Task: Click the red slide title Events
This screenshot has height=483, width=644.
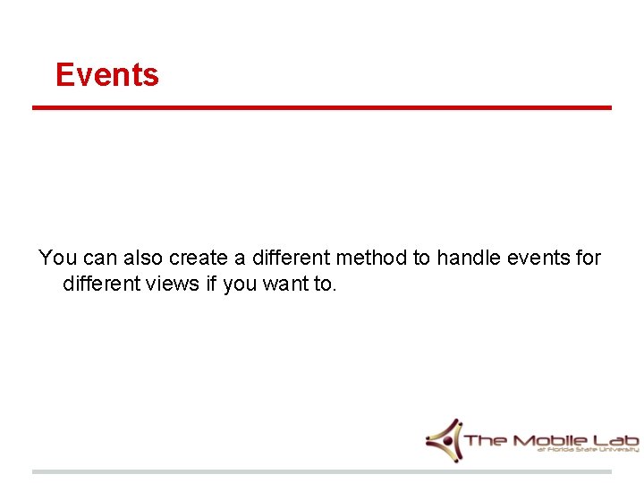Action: click(x=106, y=74)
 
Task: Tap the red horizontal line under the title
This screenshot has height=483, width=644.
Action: click(x=322, y=108)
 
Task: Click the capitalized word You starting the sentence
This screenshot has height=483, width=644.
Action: click(x=58, y=258)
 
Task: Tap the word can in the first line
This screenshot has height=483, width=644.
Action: click(x=97, y=258)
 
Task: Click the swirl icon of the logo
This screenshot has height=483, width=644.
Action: click(x=444, y=440)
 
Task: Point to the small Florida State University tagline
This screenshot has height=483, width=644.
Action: click(x=588, y=451)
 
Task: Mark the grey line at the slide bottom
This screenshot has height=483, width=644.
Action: click(x=322, y=471)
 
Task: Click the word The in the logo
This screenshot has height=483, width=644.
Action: click(x=487, y=440)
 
